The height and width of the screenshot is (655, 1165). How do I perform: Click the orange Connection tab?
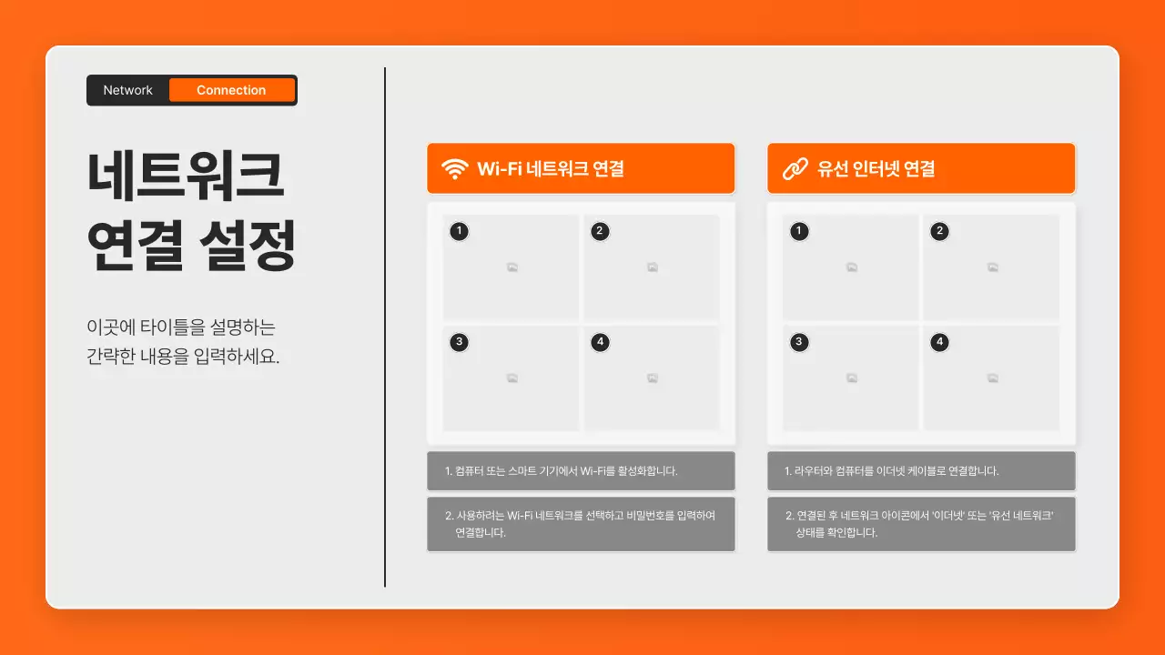[231, 90]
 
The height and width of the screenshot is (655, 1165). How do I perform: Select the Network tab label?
[127, 90]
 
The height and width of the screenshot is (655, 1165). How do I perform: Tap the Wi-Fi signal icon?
[454, 169]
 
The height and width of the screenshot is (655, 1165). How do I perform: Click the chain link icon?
[795, 169]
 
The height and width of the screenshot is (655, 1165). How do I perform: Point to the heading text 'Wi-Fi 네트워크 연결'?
[550, 169]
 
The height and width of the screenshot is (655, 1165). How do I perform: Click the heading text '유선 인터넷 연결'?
[876, 169]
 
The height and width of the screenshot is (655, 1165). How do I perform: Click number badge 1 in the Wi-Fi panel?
[460, 231]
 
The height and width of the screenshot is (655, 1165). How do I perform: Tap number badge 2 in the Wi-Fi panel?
[599, 231]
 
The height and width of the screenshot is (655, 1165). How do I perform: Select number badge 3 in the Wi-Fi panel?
[460, 342]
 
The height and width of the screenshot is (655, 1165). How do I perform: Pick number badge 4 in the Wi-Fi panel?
[599, 342]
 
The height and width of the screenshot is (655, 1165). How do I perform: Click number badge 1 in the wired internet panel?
[799, 231]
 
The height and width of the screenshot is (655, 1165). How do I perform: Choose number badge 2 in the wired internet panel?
[939, 231]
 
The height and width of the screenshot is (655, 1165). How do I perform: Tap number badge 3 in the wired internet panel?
[799, 342]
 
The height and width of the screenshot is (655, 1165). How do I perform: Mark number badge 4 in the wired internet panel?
[939, 342]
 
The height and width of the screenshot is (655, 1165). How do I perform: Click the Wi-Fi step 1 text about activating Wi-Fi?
[561, 471]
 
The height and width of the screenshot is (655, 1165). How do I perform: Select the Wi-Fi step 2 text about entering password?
[580, 524]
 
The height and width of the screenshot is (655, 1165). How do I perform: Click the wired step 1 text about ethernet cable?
[891, 471]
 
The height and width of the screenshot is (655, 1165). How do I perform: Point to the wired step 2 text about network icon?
[918, 524]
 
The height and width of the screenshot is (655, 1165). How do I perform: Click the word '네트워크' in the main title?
[187, 177]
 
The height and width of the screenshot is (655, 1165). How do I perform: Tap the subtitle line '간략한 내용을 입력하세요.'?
[183, 357]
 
